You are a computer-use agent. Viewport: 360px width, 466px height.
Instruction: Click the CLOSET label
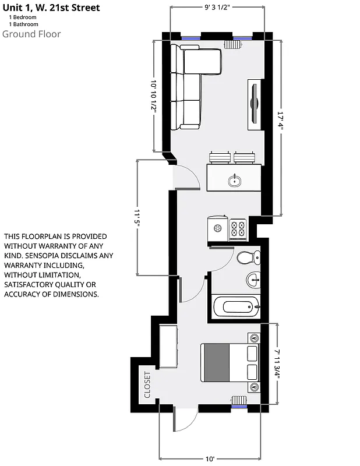[147, 385]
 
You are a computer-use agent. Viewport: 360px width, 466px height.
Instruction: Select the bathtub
[236, 306]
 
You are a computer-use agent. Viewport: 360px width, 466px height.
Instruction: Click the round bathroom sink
[254, 280]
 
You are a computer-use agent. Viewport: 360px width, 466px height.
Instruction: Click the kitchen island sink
[235, 181]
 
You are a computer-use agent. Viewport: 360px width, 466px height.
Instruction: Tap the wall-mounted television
[255, 104]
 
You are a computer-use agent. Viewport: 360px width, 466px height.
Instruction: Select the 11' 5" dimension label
[137, 218]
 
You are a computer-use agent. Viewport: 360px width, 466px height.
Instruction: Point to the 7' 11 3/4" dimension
[277, 364]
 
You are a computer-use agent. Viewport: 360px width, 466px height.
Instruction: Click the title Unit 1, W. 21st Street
[51, 8]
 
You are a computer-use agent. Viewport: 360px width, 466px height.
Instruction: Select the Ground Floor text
[31, 34]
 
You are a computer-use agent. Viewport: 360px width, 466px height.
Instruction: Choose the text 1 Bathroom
[23, 24]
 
